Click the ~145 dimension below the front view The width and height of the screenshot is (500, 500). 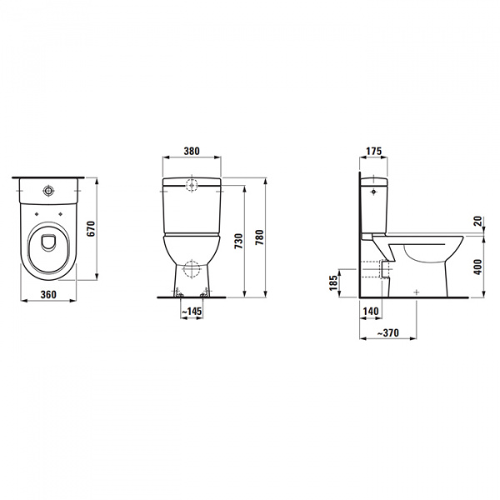(193, 312)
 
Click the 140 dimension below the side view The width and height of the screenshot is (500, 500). (372, 311)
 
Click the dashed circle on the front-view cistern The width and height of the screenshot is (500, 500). (192, 186)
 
